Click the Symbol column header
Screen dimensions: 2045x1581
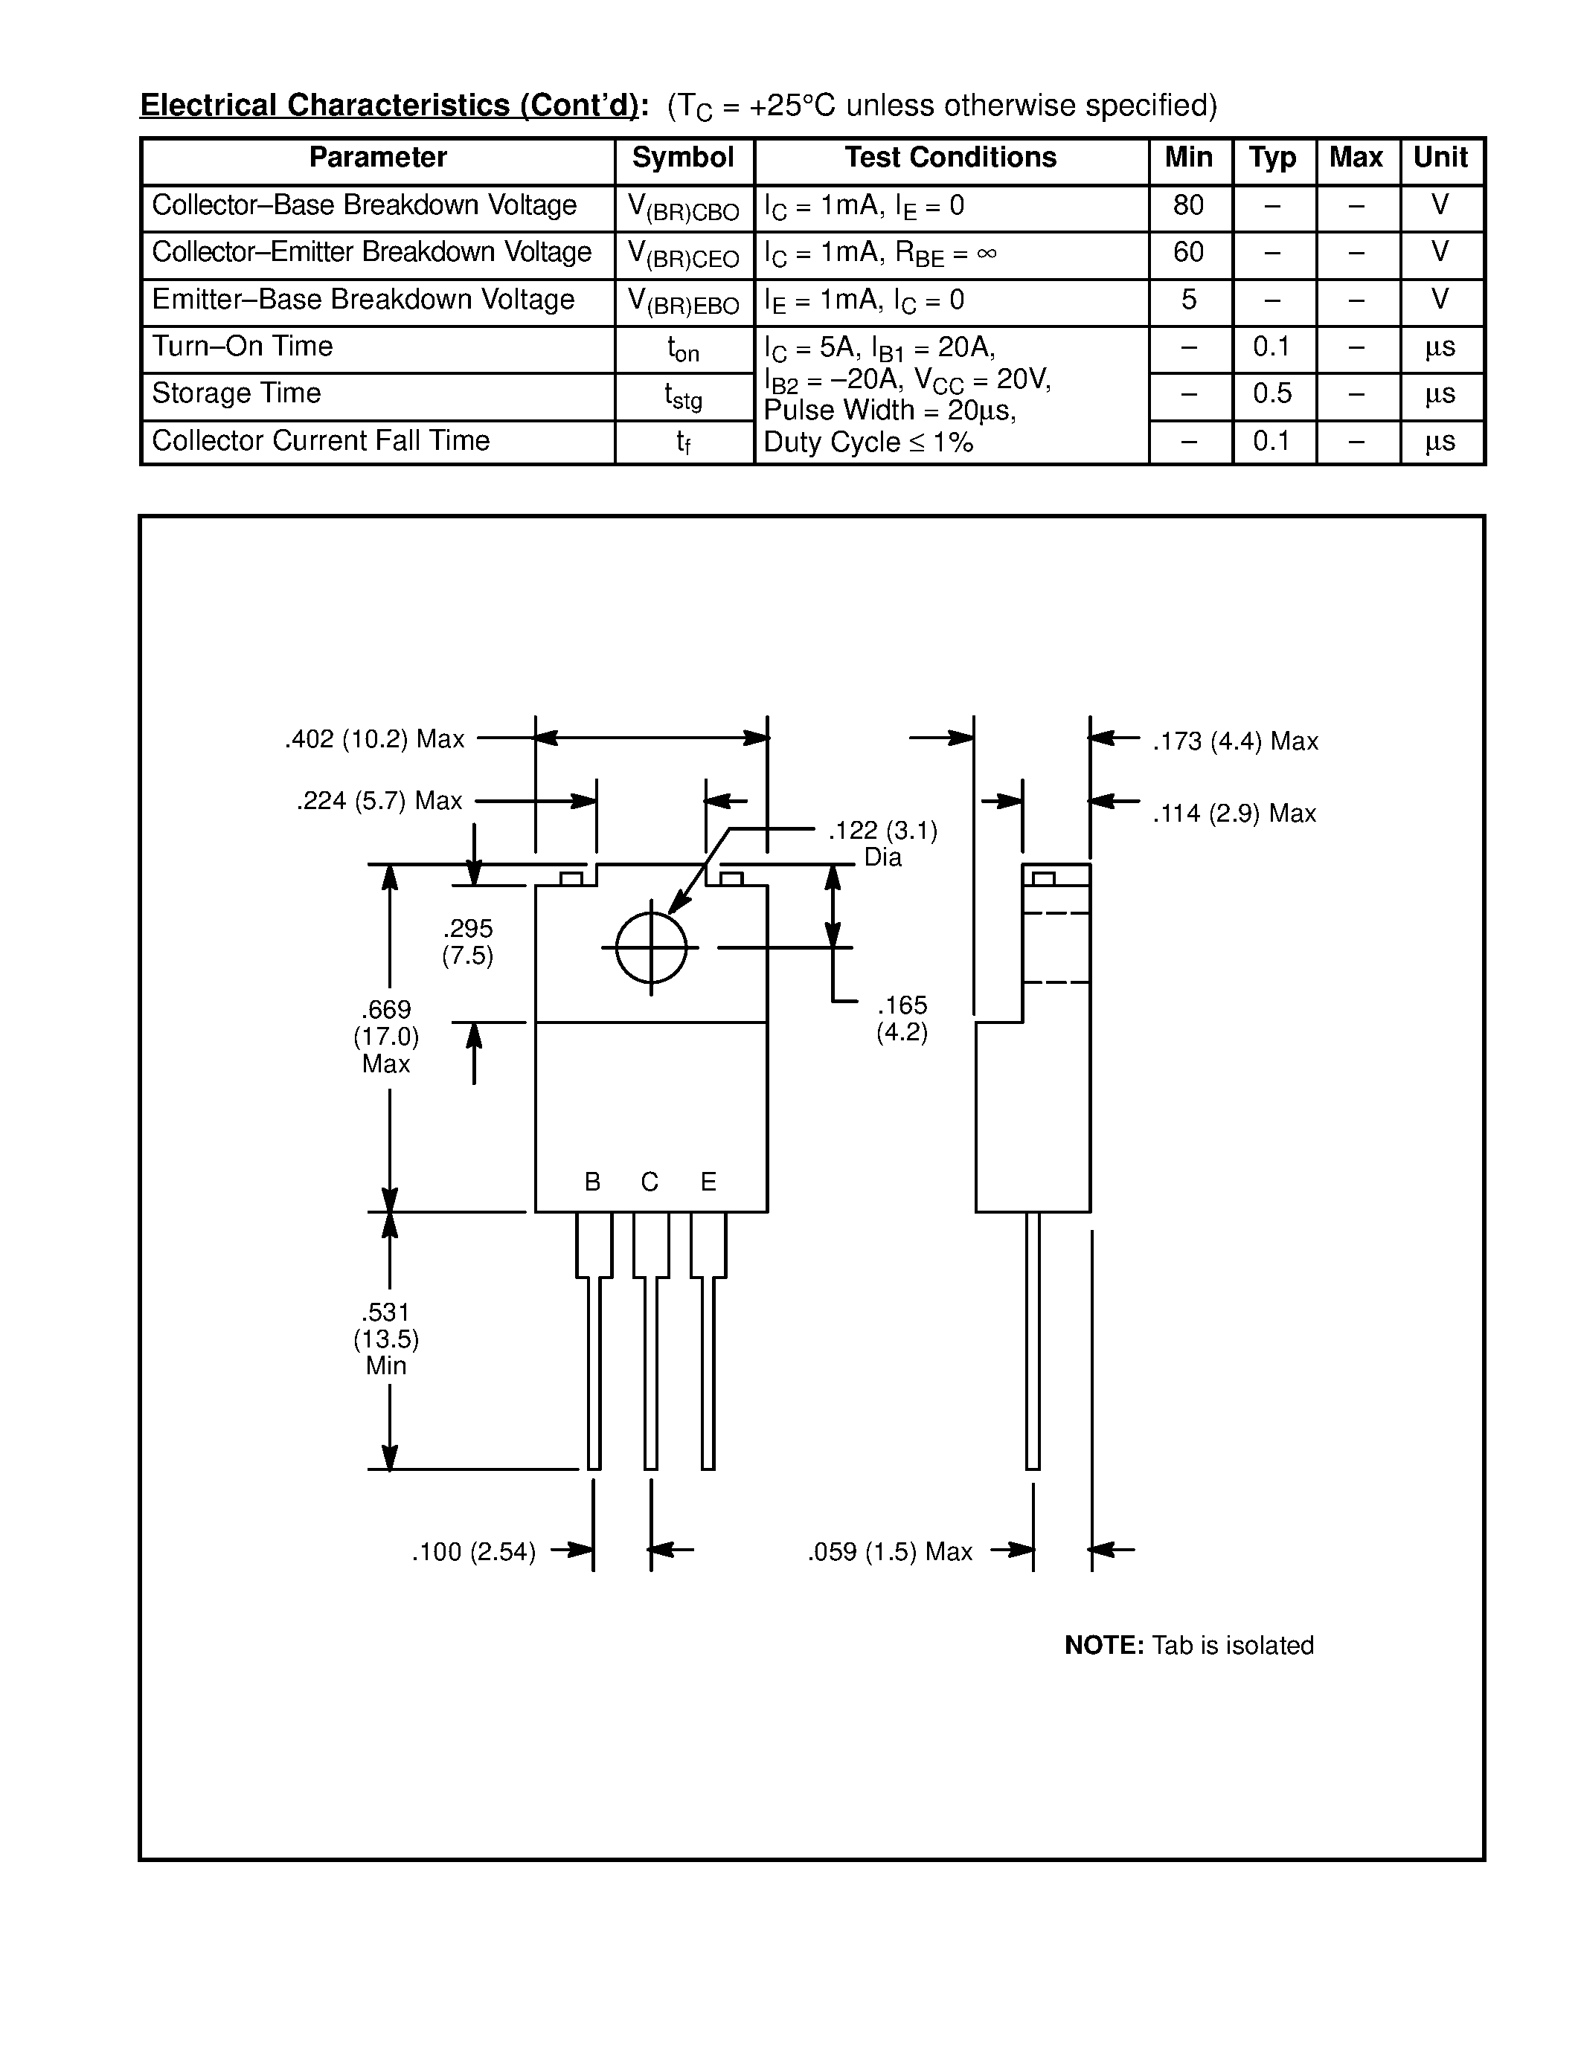tap(683, 158)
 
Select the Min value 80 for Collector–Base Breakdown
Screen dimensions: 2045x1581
tap(1187, 206)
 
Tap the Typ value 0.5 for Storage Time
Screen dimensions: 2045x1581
tap(1272, 394)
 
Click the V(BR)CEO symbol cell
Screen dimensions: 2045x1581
tap(683, 254)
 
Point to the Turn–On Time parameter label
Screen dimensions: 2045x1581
tap(243, 347)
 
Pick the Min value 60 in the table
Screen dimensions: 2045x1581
tap(1187, 253)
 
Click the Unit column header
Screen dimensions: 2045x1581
tap(1440, 158)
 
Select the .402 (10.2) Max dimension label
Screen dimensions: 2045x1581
tap(375, 740)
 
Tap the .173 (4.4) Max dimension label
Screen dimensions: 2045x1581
tap(1234, 741)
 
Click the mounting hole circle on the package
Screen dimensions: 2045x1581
tap(651, 947)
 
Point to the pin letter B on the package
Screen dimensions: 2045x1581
tap(592, 1182)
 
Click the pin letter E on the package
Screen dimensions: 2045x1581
tap(708, 1182)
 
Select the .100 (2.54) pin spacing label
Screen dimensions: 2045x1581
tap(474, 1553)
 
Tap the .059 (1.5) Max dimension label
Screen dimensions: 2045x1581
tap(890, 1553)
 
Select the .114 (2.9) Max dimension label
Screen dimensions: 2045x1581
tap(1234, 814)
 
